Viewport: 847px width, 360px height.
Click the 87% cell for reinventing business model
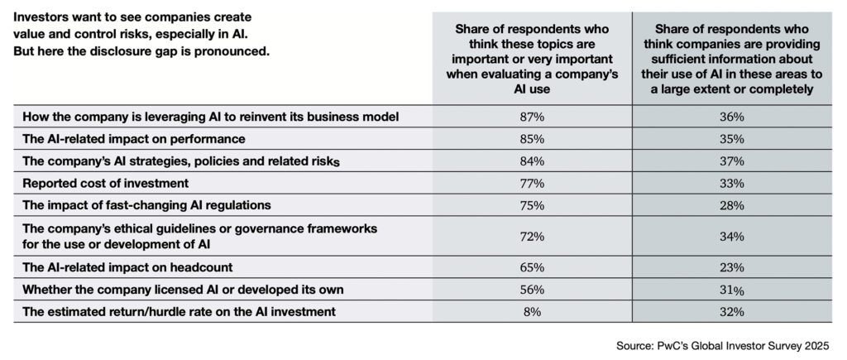(x=532, y=117)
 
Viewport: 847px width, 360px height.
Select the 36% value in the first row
(x=731, y=117)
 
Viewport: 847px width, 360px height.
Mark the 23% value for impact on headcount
(x=731, y=268)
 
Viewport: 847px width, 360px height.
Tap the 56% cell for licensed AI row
(x=532, y=289)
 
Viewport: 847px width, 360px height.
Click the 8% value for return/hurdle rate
(x=532, y=310)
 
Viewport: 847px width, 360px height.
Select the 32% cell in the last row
(x=731, y=310)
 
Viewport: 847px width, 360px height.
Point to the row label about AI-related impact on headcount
(x=128, y=268)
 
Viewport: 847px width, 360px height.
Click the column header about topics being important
(x=532, y=55)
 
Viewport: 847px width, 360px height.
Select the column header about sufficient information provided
(x=731, y=55)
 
